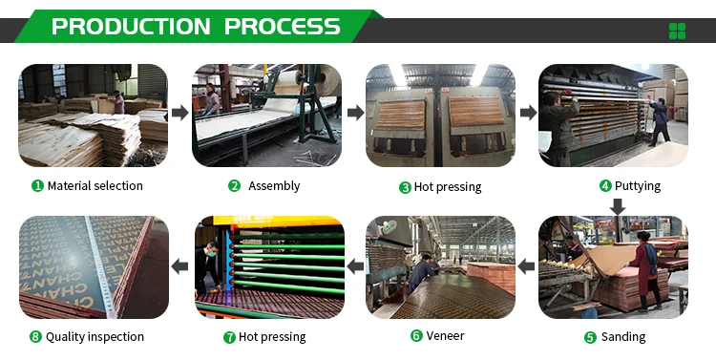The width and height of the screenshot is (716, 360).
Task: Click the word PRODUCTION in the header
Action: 132,27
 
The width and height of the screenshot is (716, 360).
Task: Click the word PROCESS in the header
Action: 282,27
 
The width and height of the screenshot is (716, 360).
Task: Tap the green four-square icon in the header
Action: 678,31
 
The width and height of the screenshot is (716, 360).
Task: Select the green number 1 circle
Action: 37,186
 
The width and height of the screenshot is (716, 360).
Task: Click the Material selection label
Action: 95,186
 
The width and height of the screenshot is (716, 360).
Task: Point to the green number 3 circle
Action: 405,187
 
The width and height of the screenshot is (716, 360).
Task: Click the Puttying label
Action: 637,186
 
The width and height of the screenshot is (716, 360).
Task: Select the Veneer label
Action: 444,336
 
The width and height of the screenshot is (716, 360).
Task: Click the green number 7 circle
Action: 229,337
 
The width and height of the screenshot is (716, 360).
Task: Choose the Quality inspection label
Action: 95,337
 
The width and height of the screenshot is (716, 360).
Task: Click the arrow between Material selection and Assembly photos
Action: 179,114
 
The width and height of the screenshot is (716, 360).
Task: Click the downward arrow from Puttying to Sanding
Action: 617,206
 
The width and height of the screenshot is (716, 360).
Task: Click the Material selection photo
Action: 93,116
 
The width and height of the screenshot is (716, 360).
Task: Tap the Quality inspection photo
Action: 93,267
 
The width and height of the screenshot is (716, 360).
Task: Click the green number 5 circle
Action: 589,337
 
